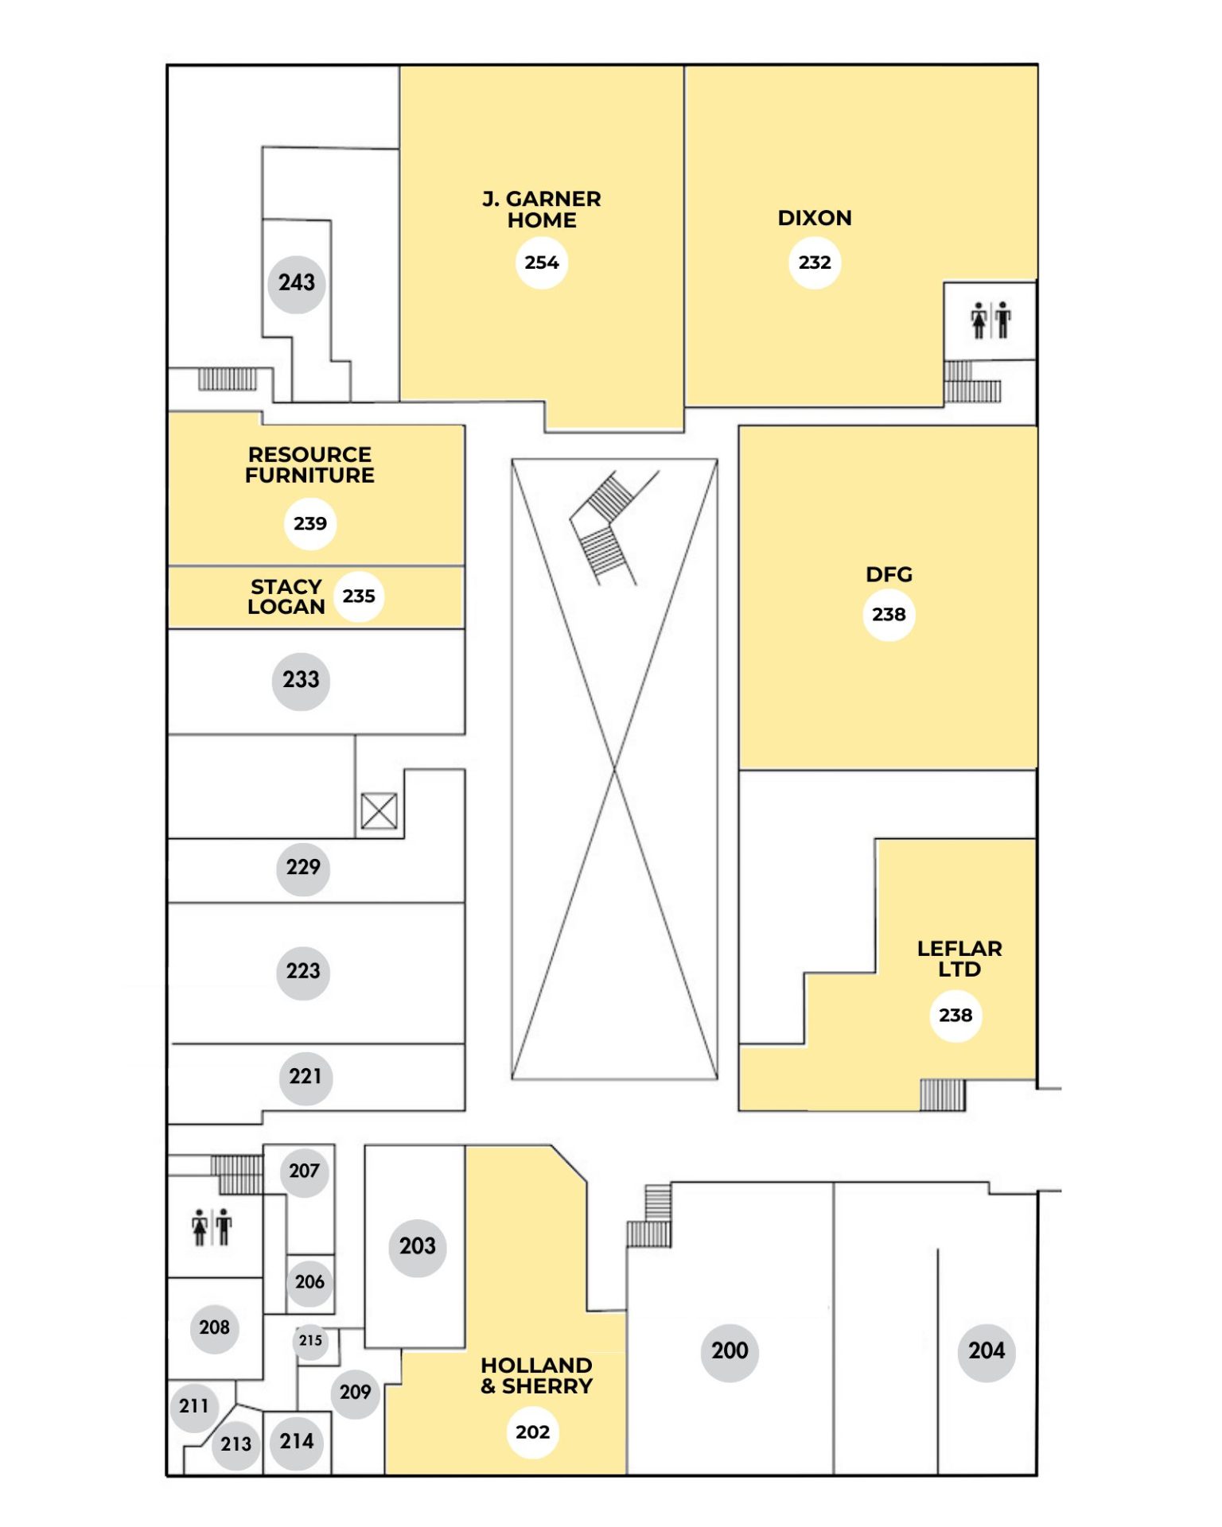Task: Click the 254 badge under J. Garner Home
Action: pyautogui.click(x=542, y=262)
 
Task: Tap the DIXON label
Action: pyautogui.click(x=815, y=218)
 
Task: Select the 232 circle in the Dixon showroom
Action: pyautogui.click(x=815, y=262)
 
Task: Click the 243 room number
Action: pyautogui.click(x=297, y=283)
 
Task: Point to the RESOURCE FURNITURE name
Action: pyautogui.click(x=309, y=465)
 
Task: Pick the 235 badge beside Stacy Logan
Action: pyautogui.click(x=359, y=596)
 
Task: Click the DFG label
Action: pyautogui.click(x=889, y=574)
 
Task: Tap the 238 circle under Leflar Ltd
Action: pyautogui.click(x=955, y=1016)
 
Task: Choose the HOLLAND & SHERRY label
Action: pyautogui.click(x=537, y=1376)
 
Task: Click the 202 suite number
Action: pyautogui.click(x=533, y=1432)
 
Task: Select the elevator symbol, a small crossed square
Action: pyautogui.click(x=379, y=811)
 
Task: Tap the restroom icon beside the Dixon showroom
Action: pyautogui.click(x=990, y=321)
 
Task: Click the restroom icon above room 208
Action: pyautogui.click(x=212, y=1227)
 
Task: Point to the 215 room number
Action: pyautogui.click(x=310, y=1340)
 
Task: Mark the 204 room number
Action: pyautogui.click(x=987, y=1351)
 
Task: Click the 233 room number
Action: pyautogui.click(x=301, y=681)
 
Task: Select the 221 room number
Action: pyautogui.click(x=305, y=1078)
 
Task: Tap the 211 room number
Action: pyautogui.click(x=194, y=1406)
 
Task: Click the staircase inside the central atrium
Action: pyautogui.click(x=613, y=527)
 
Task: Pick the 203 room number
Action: pyautogui.click(x=418, y=1246)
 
